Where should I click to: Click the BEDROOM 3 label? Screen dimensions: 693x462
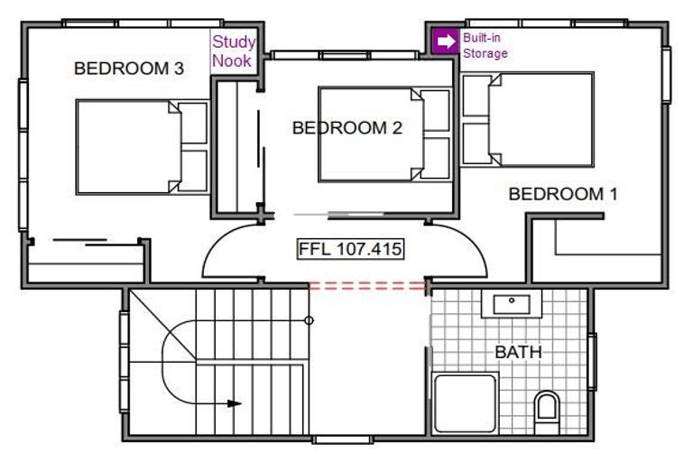click(x=129, y=68)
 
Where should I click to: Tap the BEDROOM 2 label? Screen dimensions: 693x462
click(x=347, y=128)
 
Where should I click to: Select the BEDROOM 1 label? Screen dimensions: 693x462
click(x=563, y=194)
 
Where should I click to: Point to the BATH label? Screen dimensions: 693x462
click(x=519, y=352)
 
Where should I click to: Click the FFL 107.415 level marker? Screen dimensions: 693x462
click(x=350, y=249)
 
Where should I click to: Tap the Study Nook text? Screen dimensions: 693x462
click(x=234, y=51)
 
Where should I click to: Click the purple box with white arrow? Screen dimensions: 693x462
click(x=447, y=42)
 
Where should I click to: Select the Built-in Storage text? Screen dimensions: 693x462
click(x=485, y=45)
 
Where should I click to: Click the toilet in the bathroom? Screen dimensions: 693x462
click(x=547, y=412)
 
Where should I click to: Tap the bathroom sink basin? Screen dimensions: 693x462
click(x=512, y=305)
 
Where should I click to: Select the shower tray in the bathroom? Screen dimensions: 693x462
click(x=466, y=403)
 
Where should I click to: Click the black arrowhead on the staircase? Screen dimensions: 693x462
click(x=235, y=403)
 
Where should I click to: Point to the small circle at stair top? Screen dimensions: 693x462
click(x=310, y=320)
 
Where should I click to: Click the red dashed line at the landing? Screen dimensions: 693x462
click(x=368, y=286)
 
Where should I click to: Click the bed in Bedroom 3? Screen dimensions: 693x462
click(x=143, y=147)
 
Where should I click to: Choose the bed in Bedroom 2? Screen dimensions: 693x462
click(x=385, y=134)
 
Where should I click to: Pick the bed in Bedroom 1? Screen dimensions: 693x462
click(x=527, y=120)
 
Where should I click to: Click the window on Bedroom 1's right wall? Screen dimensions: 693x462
click(x=667, y=74)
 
